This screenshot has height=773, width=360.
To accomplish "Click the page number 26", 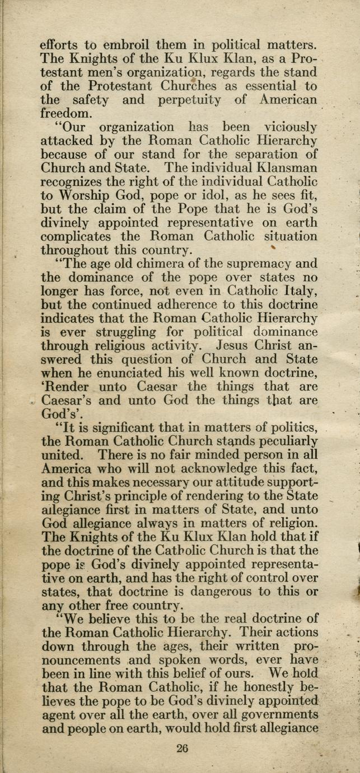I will point(182,748).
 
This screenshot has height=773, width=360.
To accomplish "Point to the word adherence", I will point(212,305).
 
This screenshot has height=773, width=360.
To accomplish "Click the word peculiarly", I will point(282,441).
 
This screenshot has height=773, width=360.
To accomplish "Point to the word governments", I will point(272,715).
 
